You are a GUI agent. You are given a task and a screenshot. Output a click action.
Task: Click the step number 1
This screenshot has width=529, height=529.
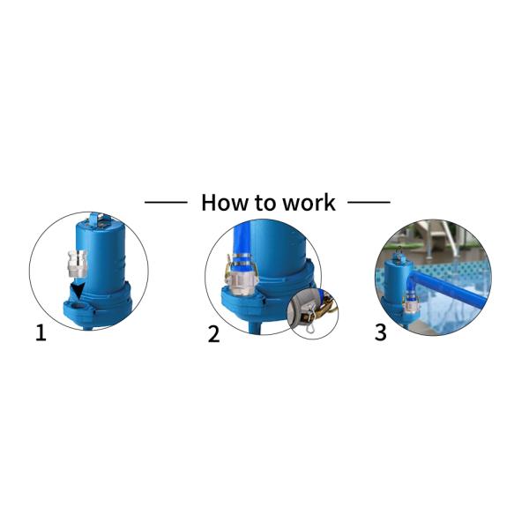[x=41, y=333]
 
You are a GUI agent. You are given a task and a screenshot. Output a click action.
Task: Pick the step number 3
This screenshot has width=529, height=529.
[x=380, y=333]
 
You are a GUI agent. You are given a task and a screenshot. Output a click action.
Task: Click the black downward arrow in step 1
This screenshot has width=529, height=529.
[x=80, y=291]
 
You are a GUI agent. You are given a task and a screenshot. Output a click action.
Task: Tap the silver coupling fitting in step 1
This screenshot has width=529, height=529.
[x=78, y=263]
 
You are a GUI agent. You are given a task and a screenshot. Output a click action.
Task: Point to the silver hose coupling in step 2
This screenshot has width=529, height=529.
[x=242, y=268]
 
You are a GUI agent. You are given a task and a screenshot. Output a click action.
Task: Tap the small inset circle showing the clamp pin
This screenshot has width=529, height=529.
[x=313, y=311]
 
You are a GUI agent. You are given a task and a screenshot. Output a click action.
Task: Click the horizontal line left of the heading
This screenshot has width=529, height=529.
[x=165, y=202]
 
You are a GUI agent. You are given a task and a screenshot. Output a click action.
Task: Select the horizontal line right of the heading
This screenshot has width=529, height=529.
[x=369, y=202]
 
